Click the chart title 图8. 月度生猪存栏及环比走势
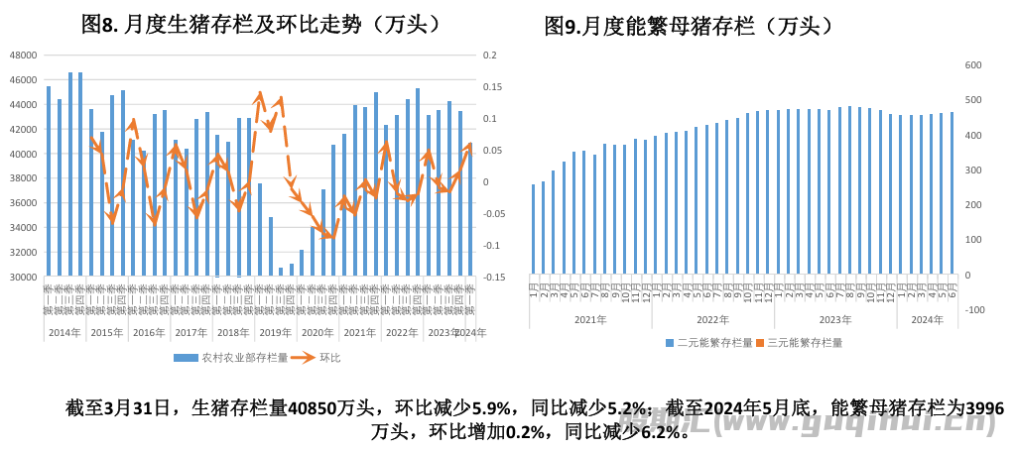click(261, 25)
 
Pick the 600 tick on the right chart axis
click(973, 65)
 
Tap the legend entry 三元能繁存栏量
click(799, 342)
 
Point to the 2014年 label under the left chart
click(64, 333)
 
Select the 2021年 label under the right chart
click(589, 319)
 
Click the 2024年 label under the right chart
click(927, 319)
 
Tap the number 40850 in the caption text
click(315, 407)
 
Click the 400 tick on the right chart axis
click(973, 136)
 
